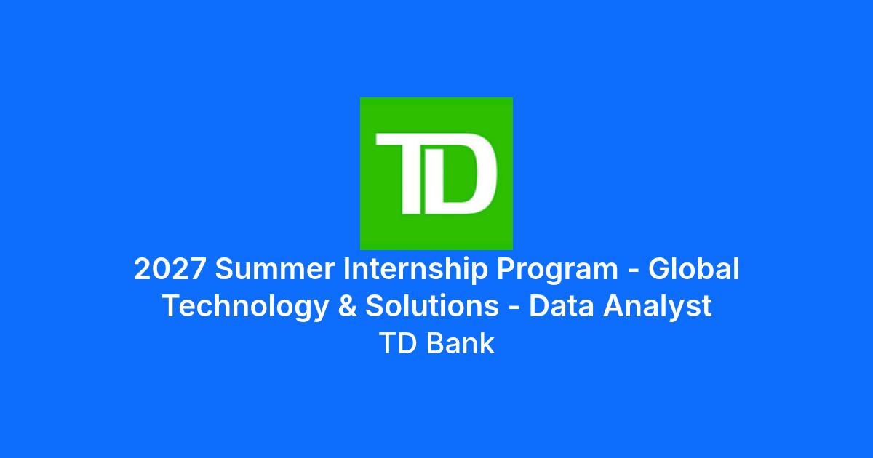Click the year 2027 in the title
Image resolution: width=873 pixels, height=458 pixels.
[x=170, y=269]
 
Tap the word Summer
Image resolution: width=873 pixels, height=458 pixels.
[x=275, y=269]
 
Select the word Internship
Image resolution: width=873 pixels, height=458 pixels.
[x=415, y=270]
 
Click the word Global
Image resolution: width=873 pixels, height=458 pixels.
[x=694, y=268]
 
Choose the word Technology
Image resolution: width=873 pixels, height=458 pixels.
[x=246, y=308]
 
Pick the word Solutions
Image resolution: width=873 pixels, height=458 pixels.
[x=432, y=306]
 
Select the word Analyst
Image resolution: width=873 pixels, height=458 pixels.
[x=658, y=308]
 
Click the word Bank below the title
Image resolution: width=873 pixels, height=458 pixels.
[x=461, y=343]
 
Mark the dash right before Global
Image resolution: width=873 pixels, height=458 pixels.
[x=634, y=271]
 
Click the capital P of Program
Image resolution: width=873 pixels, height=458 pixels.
[x=505, y=269]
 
